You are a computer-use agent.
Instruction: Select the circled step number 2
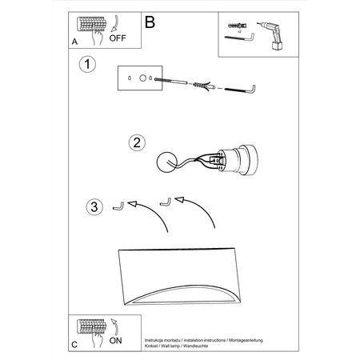tap(137, 143)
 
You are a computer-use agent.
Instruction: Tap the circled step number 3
tap(94, 208)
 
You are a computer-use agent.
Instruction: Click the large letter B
tap(150, 22)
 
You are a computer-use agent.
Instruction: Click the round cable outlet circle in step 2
tap(168, 161)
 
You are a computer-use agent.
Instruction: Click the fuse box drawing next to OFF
tap(90, 26)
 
